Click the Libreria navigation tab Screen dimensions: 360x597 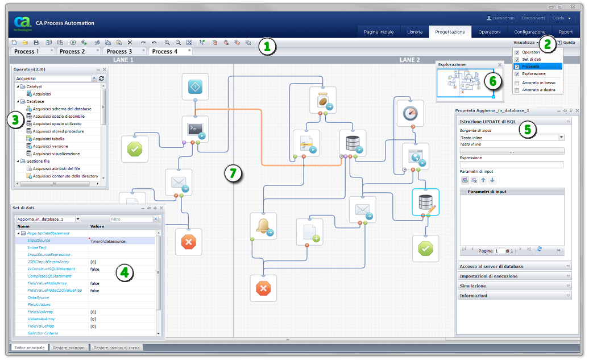[414, 32]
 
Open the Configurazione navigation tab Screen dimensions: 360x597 [529, 32]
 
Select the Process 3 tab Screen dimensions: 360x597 [119, 51]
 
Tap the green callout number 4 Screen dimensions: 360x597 [125, 273]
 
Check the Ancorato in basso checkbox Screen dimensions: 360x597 [517, 82]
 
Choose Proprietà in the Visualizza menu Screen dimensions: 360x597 [531, 67]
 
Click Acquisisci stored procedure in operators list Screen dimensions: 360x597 [58, 131]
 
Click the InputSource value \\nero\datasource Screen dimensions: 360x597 [108, 241]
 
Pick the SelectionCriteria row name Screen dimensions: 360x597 [43, 333]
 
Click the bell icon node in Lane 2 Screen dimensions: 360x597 [263, 226]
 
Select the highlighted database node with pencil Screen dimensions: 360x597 [425, 202]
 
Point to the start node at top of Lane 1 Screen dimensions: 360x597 [195, 86]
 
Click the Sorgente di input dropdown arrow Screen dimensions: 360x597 [561, 137]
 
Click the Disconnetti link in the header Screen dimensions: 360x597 [533, 18]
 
